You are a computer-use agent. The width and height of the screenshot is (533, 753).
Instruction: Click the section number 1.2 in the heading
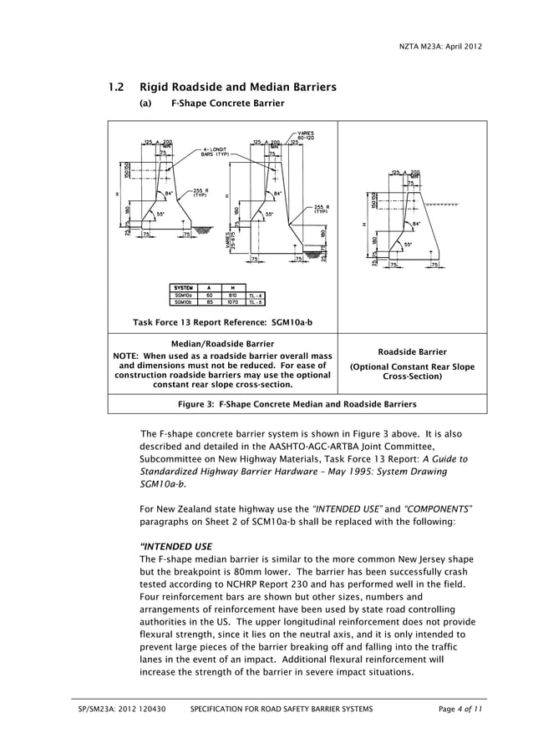117,87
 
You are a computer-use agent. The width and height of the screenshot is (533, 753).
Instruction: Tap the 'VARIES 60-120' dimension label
306,136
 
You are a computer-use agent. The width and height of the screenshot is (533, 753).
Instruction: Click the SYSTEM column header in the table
183,288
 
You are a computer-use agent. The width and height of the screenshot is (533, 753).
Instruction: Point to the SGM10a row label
183,296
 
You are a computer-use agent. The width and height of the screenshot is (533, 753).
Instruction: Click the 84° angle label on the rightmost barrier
417,224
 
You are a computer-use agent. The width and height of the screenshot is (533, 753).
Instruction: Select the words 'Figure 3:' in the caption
195,404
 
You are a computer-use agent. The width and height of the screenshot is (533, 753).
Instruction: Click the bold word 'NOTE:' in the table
129,356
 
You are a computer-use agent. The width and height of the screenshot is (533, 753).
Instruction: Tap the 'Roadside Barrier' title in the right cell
412,351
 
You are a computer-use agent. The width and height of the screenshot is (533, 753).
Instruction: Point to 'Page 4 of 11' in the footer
460,709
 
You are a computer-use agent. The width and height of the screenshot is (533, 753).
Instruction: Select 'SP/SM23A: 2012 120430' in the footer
122,709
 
